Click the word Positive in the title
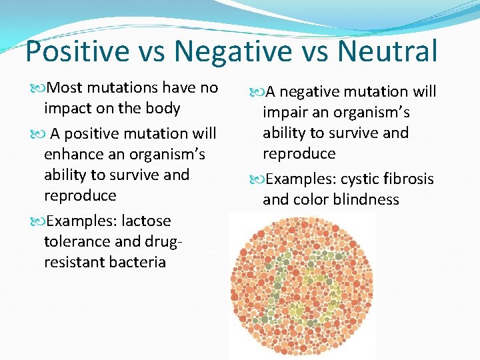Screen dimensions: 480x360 [x=78, y=51]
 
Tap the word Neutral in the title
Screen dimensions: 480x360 [x=387, y=51]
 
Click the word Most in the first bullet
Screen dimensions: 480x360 [x=64, y=87]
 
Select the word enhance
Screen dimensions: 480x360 [x=74, y=154]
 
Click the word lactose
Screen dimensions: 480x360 [x=146, y=221]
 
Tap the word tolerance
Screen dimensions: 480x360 [x=77, y=241]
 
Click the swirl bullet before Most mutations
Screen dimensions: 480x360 [x=37, y=89]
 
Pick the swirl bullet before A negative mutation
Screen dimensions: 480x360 [x=257, y=93]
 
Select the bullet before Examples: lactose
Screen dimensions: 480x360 [x=37, y=221]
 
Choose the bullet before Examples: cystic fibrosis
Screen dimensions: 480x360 [x=257, y=180]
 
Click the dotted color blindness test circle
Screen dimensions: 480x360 [x=302, y=285]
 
